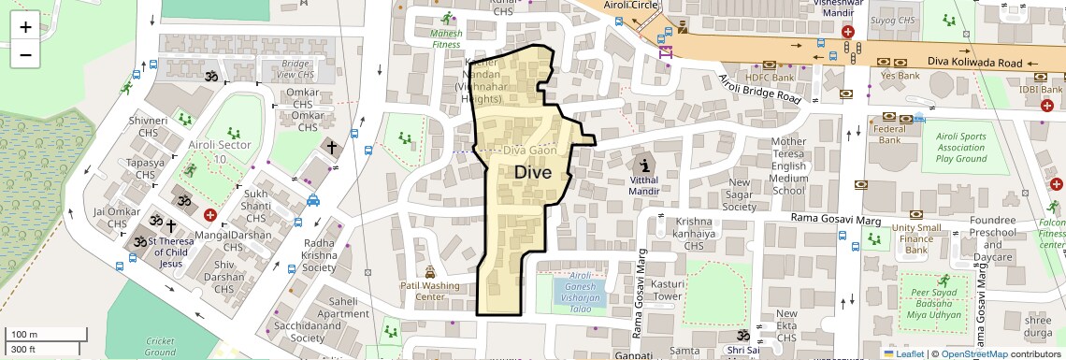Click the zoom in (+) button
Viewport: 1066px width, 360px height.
click(25, 26)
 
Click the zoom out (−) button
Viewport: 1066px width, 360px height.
click(25, 54)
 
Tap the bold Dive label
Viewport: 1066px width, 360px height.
click(534, 172)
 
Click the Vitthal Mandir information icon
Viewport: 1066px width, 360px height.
click(645, 161)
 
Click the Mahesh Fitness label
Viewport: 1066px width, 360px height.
click(446, 36)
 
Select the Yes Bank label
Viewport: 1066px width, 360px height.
click(900, 76)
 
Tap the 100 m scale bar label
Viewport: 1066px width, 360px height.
click(23, 334)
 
